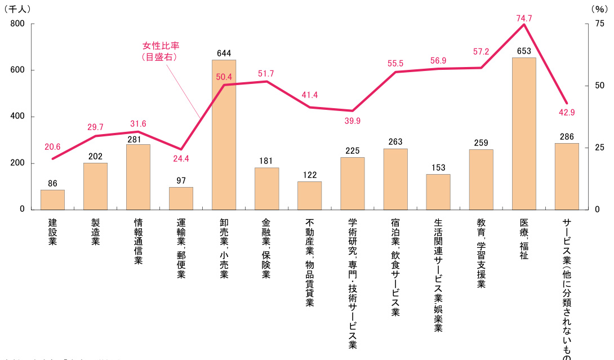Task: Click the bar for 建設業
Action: tap(52, 199)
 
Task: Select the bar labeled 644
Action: tap(224, 135)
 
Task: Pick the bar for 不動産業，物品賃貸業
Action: tap(309, 195)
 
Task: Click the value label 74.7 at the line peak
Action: tap(524, 18)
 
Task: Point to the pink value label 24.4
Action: tap(181, 159)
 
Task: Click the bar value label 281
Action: tap(138, 137)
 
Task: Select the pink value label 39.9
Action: tap(352, 121)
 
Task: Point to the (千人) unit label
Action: tap(18, 9)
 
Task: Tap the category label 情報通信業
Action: tap(138, 241)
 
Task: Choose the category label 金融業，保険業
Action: tap(266, 248)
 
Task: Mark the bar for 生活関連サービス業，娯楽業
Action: tap(438, 192)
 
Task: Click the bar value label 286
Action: tap(567, 136)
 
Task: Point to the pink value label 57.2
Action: tap(481, 51)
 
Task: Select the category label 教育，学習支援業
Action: tap(481, 253)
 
